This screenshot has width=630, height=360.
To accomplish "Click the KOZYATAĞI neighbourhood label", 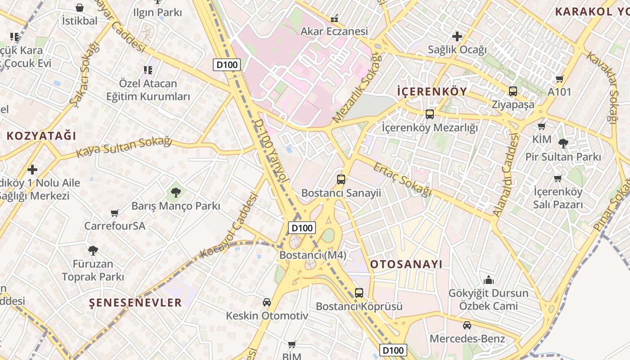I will tap(41, 136).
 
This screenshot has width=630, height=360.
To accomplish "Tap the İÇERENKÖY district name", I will tap(432, 92).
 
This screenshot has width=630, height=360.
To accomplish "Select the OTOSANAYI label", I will tap(406, 264).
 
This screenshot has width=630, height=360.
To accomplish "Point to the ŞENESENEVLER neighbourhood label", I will tap(135, 302).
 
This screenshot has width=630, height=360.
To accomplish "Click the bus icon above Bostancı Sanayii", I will tap(341, 180).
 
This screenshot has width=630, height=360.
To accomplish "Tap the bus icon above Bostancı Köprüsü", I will tap(359, 293).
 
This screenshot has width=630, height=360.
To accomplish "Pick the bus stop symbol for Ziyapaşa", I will tap(513, 91).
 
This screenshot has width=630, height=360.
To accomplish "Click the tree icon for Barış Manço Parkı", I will tap(176, 193).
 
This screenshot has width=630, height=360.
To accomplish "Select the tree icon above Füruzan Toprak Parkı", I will tap(93, 250).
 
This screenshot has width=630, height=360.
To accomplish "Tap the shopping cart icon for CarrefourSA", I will tap(115, 213).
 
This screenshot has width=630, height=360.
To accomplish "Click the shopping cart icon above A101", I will tap(560, 79).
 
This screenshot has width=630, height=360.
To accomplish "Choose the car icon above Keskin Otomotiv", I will tap(267, 302).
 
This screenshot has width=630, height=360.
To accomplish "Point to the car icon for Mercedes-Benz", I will tap(467, 325).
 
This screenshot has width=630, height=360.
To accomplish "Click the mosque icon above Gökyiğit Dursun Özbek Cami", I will tap(489, 280).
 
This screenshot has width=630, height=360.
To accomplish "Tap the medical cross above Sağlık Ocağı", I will tap(457, 36).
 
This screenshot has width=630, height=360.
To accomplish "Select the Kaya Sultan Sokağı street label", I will tap(124, 147).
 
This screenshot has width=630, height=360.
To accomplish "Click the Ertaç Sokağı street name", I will tap(402, 179).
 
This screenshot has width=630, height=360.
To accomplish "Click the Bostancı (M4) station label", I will tap(313, 255).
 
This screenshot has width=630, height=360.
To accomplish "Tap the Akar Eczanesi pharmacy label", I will tap(334, 31).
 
